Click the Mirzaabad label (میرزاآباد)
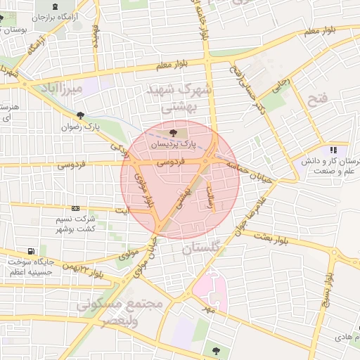click(x=63, y=89)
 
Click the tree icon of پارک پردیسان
click(x=174, y=131)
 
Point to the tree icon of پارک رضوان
click(x=81, y=116)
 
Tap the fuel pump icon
click(x=31, y=252)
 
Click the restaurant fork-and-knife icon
click(x=333, y=150)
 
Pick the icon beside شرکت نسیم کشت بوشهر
click(x=76, y=209)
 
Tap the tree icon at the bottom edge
click(x=215, y=350)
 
